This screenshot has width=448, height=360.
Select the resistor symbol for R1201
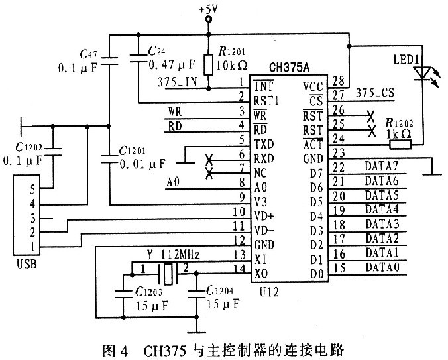[x=208, y=64]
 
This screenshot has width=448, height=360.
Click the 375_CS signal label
[x=377, y=95]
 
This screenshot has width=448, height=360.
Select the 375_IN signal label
[x=177, y=83]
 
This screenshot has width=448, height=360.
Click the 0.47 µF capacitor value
[x=172, y=64]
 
